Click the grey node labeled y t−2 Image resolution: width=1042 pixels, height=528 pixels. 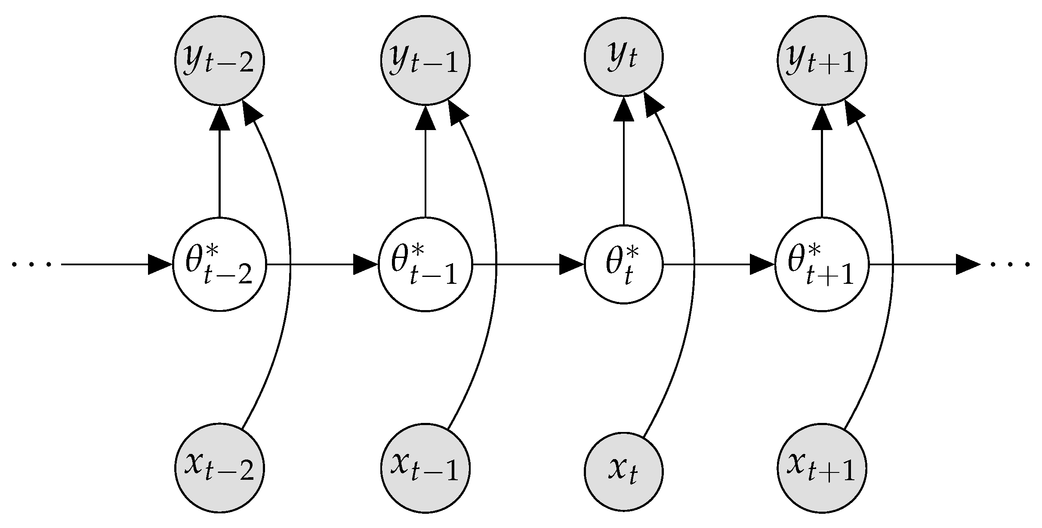(219, 60)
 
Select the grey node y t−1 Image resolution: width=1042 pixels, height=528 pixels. (425, 60)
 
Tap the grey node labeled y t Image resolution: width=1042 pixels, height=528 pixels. (623, 57)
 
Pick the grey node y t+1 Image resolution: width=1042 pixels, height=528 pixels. (822, 60)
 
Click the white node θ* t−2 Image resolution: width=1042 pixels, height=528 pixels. (219, 264)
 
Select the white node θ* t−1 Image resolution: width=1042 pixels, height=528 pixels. (425, 264)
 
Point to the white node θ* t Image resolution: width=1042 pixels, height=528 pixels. (623, 264)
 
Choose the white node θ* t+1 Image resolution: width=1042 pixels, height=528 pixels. (822, 264)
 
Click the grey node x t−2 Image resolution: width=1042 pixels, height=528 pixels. (219, 468)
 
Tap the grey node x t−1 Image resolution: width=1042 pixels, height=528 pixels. (425, 468)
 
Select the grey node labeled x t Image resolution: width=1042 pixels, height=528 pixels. (623, 471)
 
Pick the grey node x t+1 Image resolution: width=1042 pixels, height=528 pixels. (822, 468)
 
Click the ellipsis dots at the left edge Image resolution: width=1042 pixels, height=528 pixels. (32, 264)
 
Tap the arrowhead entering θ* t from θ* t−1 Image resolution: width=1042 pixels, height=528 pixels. (571, 264)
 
